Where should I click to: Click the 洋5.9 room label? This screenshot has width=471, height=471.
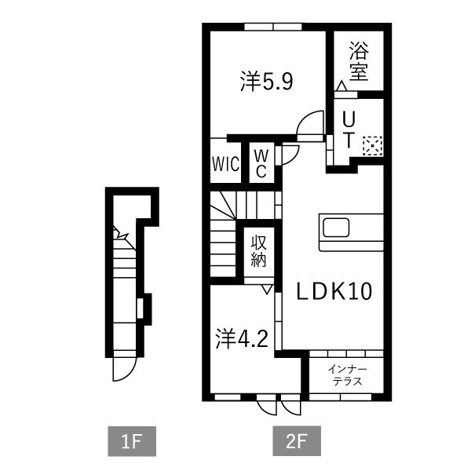[x=266, y=82]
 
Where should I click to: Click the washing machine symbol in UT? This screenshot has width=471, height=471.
[x=372, y=144]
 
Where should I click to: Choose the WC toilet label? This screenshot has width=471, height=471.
[x=261, y=162]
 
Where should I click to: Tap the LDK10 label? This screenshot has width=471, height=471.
[x=333, y=291]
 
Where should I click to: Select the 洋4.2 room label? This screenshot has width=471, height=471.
[x=243, y=339]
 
